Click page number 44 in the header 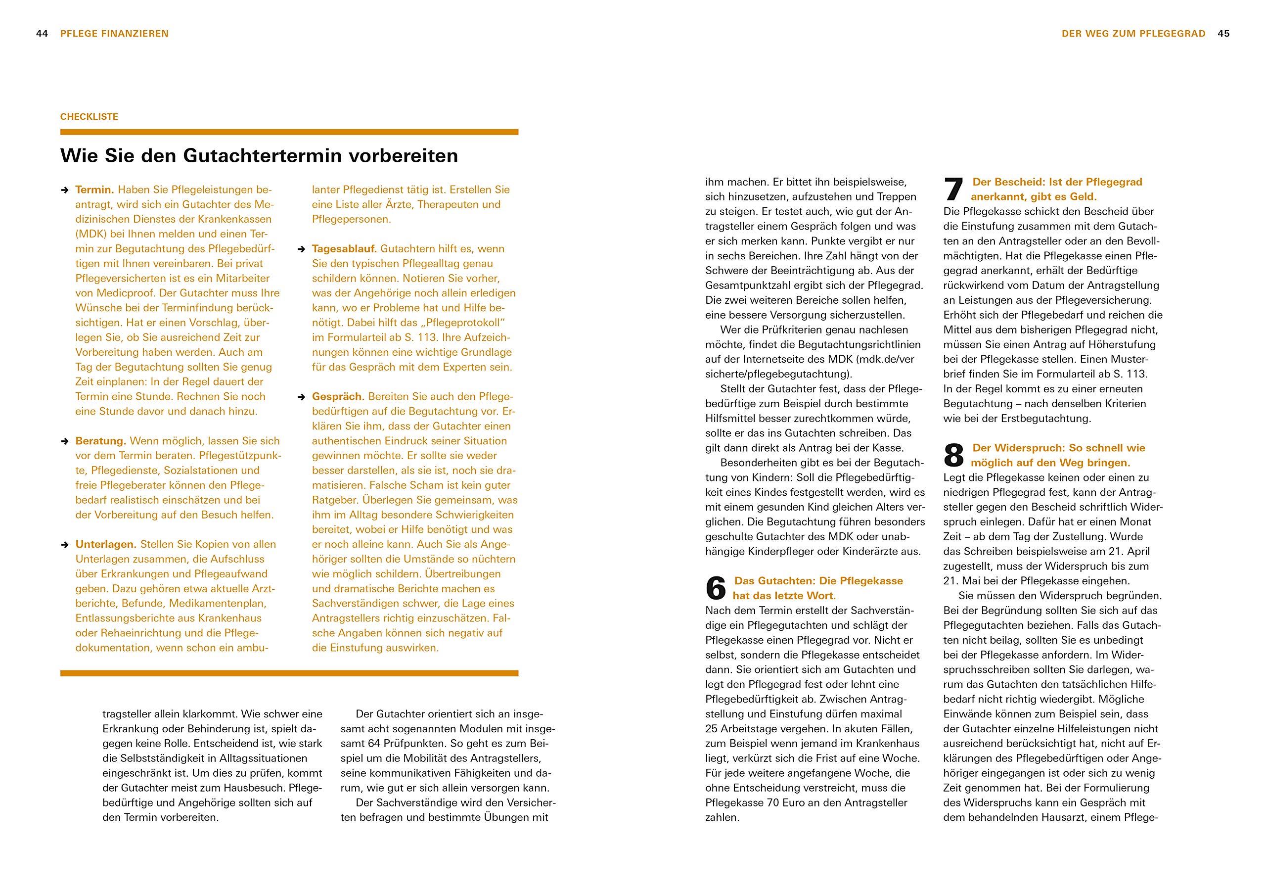(42, 34)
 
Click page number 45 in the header (1223, 34)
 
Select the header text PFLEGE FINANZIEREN (114, 34)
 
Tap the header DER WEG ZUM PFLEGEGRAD (1133, 34)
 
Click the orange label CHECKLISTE (90, 117)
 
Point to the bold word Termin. (94, 190)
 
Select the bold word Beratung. (101, 441)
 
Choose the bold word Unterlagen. (106, 545)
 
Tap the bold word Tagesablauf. (344, 249)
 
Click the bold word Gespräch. (338, 397)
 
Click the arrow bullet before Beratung (64, 441)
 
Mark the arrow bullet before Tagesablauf (301, 249)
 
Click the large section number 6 (716, 588)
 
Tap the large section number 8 (953, 456)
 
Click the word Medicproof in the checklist (124, 293)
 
